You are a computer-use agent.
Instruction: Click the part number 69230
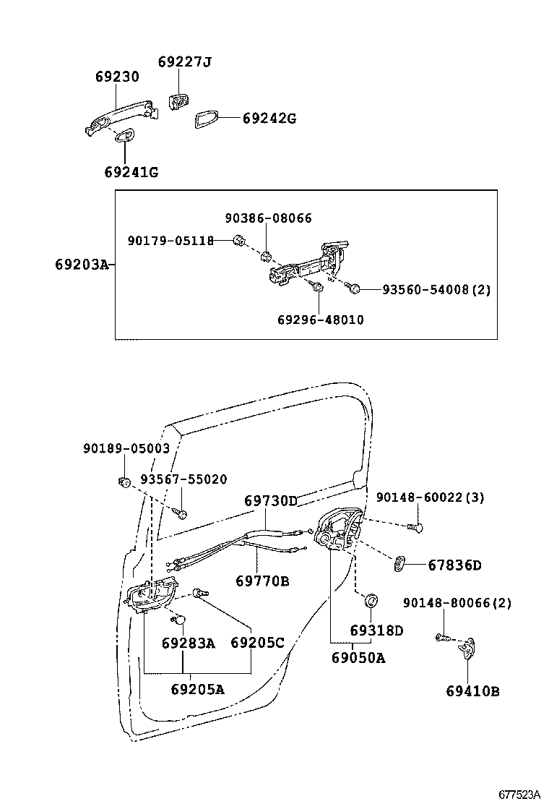[x=117, y=77]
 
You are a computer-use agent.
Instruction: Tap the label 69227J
[x=184, y=62]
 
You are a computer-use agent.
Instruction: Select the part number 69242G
[x=269, y=119]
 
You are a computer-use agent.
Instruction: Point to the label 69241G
[x=131, y=172]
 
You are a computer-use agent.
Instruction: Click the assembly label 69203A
[x=82, y=265]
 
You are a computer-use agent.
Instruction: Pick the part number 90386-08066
[x=268, y=218]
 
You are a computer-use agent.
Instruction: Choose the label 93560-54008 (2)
[x=436, y=290]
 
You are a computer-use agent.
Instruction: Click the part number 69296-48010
[x=321, y=320]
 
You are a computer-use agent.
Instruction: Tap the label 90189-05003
[x=126, y=449]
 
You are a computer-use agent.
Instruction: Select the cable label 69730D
[x=271, y=501]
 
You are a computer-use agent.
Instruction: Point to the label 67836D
[x=455, y=565]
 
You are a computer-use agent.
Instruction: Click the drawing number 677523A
[x=520, y=795]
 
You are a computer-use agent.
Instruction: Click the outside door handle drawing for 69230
[x=121, y=117]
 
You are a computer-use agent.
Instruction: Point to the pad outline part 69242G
[x=207, y=119]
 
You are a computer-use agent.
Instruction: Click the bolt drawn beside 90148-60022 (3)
[x=415, y=526]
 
